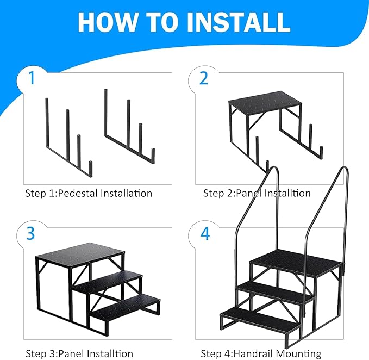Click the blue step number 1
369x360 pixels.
click(x=32, y=78)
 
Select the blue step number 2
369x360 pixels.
click(x=204, y=78)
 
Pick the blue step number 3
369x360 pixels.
click(x=31, y=233)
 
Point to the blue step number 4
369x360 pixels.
click(x=204, y=233)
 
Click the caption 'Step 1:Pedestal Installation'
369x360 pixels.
click(x=89, y=193)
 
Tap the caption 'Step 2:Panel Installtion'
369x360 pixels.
click(x=257, y=193)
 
